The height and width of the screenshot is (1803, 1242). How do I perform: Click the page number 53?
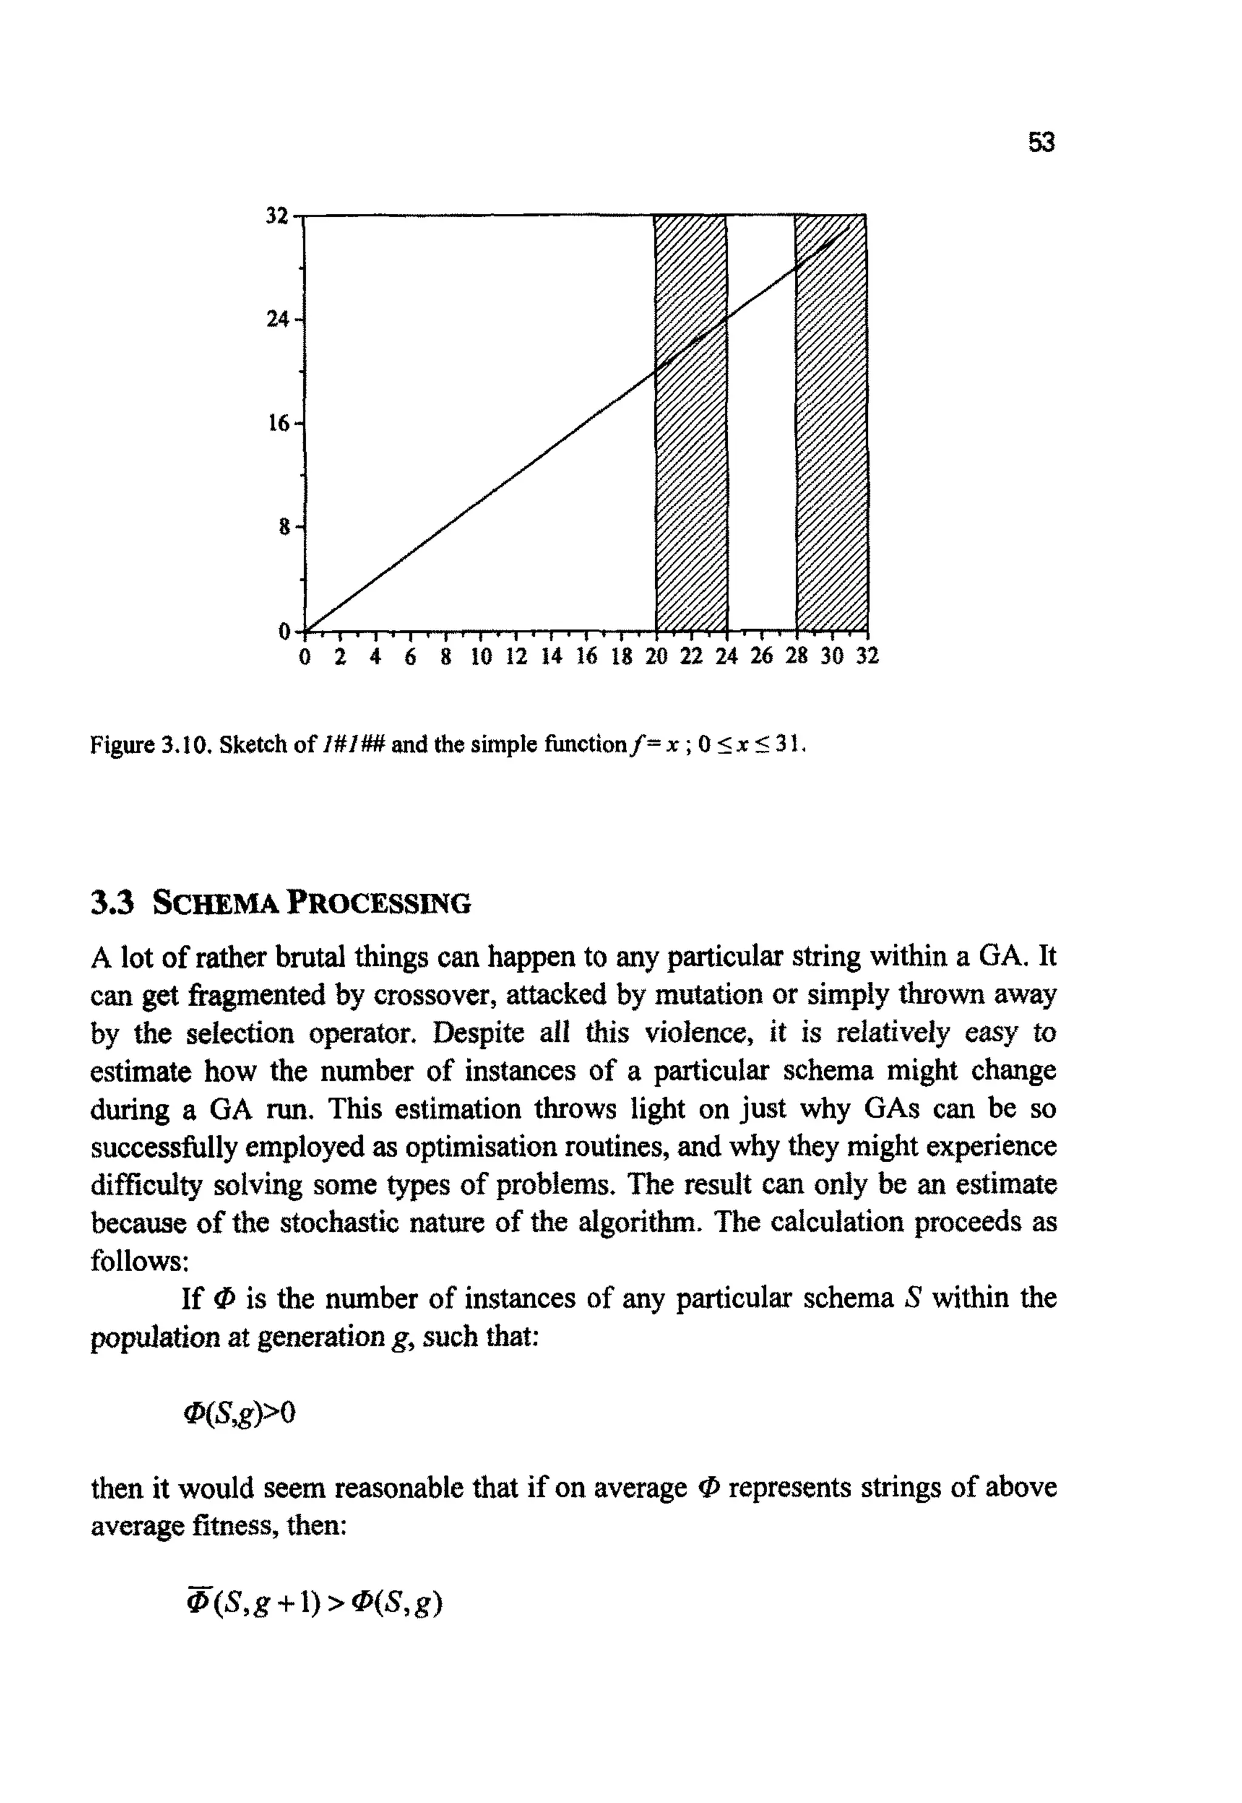click(x=1041, y=143)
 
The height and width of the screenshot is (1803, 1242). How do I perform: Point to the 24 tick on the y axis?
click(x=278, y=319)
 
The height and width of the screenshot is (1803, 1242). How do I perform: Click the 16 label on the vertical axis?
click(x=278, y=423)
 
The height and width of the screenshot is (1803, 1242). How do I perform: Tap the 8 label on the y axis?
click(x=284, y=528)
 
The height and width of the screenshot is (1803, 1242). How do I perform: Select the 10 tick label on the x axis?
click(x=481, y=657)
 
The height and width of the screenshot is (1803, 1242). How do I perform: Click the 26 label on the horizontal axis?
click(x=761, y=657)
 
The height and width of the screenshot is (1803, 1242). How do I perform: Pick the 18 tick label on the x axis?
click(x=621, y=657)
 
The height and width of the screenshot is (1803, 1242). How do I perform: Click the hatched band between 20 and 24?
click(x=692, y=467)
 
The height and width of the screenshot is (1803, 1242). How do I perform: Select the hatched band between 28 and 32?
click(x=831, y=467)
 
